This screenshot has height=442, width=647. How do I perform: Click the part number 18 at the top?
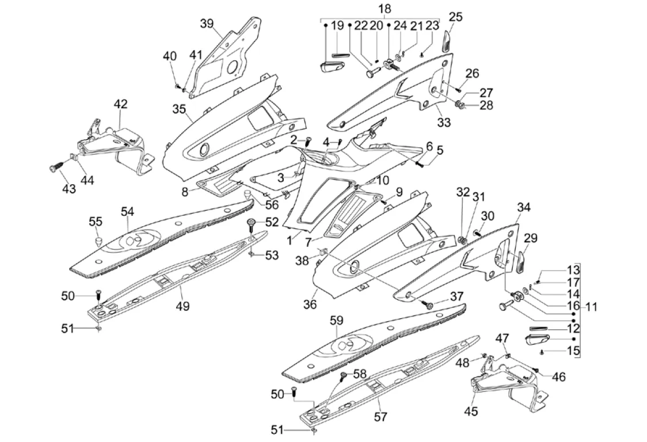pos(385,9)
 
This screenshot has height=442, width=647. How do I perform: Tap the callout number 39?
pos(207,24)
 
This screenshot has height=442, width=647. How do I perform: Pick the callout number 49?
pos(182,306)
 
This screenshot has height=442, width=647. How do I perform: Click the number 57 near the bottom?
pos(380,417)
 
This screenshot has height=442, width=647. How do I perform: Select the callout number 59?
pos(336,321)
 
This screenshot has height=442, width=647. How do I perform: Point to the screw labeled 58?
pos(343,375)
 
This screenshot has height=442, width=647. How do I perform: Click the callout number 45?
pos(471,411)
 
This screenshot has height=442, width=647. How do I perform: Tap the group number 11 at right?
pos(591,307)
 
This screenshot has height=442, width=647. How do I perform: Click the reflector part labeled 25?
pos(447,41)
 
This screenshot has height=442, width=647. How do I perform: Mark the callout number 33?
pos(444,123)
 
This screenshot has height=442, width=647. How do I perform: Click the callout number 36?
pos(310,304)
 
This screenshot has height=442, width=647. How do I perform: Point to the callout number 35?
pos(179,109)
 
